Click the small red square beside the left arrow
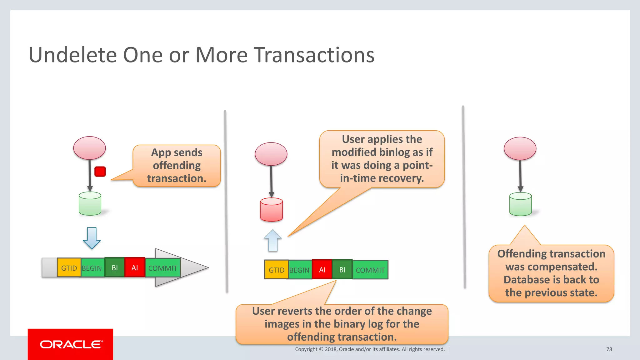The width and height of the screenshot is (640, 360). pos(100,172)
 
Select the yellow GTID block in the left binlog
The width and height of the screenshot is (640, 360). pos(69,268)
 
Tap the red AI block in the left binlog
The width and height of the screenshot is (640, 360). pos(135,267)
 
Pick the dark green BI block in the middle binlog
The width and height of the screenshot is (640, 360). pos(342,269)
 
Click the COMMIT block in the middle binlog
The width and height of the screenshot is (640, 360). pos(370,270)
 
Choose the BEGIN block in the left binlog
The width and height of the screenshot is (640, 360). pos(92,268)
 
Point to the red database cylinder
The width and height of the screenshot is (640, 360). pos(271,210)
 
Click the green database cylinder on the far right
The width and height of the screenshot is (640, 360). pos(520,204)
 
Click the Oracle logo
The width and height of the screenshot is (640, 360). pos(71,344)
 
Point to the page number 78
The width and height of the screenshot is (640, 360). pos(609,349)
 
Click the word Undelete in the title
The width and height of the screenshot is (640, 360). pos(72,55)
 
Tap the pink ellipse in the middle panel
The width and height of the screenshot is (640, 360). pos(271,154)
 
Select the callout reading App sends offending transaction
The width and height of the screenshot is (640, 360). pos(177,166)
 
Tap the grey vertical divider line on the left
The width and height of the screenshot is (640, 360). pos(226,200)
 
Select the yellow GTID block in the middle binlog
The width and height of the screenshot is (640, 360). pos(276,270)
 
